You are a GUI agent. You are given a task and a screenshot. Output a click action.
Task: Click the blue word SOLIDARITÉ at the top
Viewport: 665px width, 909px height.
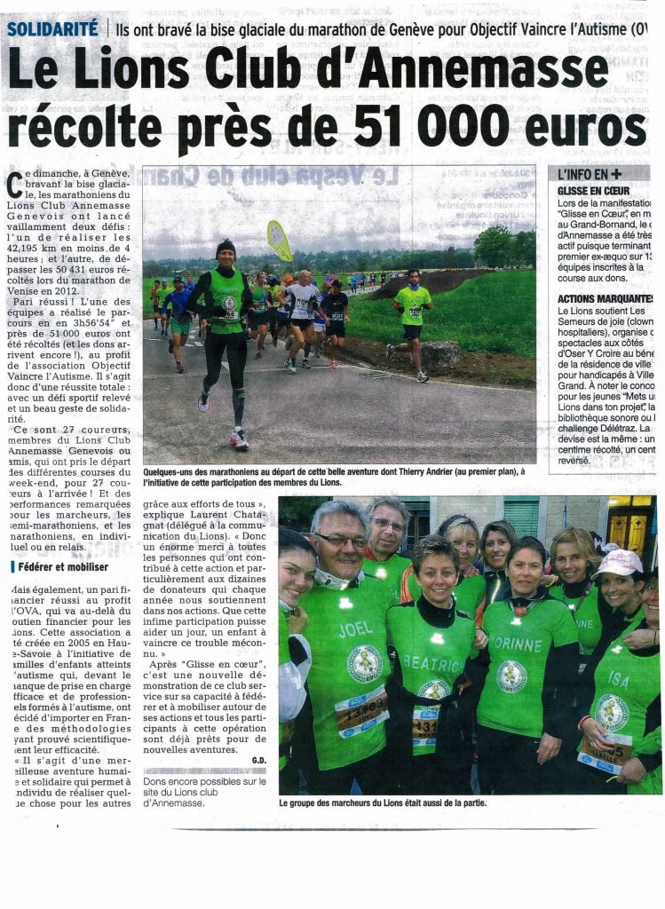(52, 28)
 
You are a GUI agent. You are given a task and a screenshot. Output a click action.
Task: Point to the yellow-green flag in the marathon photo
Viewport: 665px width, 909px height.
(279, 239)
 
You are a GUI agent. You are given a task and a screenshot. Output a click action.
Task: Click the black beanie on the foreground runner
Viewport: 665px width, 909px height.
(226, 246)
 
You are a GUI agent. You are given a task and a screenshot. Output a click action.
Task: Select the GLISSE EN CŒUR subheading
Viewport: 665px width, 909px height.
(594, 190)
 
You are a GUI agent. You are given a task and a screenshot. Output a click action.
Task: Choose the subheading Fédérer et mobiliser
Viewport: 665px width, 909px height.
(60, 566)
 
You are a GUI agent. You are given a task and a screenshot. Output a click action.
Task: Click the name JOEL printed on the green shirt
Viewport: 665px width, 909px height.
(355, 629)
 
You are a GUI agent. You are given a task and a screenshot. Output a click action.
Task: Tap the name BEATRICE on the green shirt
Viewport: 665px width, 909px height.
(432, 661)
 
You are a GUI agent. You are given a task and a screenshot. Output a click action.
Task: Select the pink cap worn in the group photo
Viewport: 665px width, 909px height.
(619, 562)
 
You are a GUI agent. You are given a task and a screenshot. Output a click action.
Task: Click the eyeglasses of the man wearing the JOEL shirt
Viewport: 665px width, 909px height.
(341, 539)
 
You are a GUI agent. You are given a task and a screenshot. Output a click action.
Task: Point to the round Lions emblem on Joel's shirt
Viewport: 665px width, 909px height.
(364, 662)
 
